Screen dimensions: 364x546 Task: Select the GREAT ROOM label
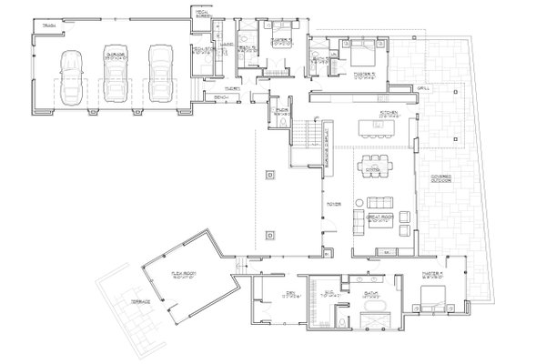(x=378, y=217)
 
